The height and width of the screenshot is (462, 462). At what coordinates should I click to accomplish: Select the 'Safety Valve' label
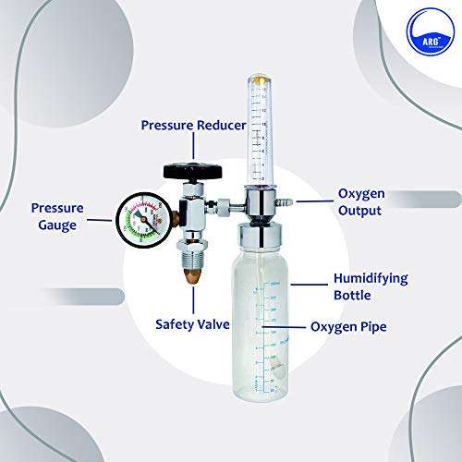(x=193, y=323)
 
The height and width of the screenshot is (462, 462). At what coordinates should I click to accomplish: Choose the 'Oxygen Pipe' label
(x=350, y=326)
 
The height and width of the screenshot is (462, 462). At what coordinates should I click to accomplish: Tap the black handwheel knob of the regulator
(x=195, y=171)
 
